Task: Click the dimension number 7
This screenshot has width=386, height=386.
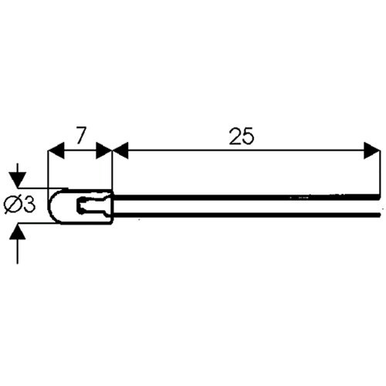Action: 80,136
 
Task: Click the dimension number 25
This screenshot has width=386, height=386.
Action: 242,136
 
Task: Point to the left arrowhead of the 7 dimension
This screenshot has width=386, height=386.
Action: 56,151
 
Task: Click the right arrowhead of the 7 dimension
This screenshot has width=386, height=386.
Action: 104,151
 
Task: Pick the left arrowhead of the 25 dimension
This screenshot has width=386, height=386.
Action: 120,151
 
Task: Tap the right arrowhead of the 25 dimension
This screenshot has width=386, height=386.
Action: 372,151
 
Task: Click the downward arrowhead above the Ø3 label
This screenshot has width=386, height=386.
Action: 18,180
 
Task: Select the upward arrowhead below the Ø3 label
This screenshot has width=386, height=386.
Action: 18,232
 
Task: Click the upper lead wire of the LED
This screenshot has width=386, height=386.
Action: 247,197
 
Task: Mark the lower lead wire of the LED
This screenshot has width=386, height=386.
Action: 247,215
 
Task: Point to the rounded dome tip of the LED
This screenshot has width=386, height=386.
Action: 49,206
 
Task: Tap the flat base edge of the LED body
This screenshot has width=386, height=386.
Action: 112,207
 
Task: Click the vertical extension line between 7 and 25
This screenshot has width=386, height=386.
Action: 113,171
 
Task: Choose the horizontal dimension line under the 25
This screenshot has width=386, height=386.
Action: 246,151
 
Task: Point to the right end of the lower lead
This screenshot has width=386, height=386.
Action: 380,215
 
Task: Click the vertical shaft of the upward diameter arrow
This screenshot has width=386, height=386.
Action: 18,252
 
